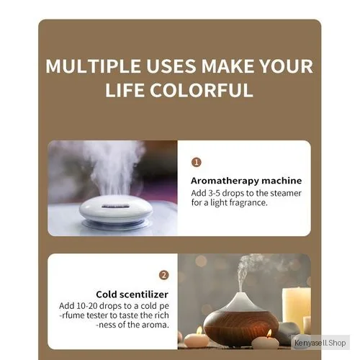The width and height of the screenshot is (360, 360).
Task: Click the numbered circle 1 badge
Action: coord(197,163)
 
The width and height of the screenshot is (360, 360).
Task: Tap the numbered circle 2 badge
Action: coord(164,275)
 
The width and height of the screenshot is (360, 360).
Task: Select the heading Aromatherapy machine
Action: coord(246,181)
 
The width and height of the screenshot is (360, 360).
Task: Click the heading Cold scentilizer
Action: coord(132,294)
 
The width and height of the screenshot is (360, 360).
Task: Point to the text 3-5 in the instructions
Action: coord(214,193)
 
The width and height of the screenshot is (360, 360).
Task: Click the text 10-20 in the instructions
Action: coord(86,306)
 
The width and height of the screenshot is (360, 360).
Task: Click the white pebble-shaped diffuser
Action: coord(116,210)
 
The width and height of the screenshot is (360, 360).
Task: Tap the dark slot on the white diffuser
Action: coord(114,206)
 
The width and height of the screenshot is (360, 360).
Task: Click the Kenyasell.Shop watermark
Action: coord(320,343)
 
